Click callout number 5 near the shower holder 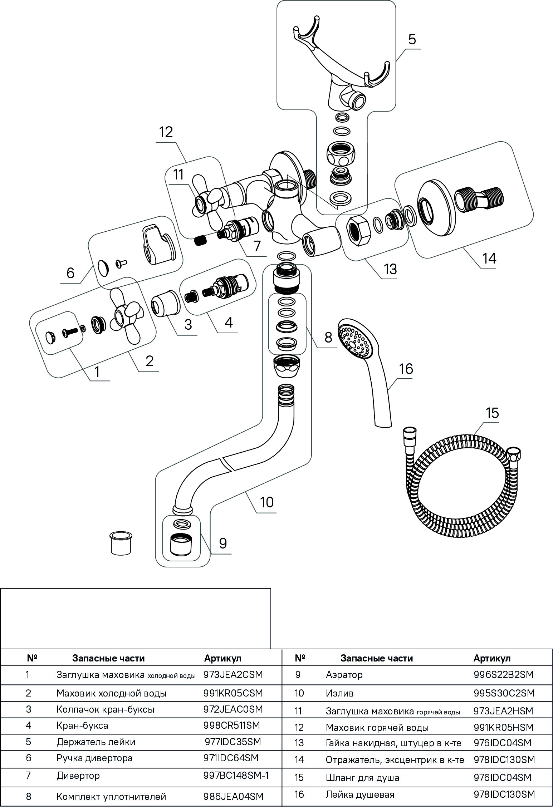(412, 39)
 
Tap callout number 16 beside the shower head (406, 369)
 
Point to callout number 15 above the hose (492, 413)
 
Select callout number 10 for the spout (267, 502)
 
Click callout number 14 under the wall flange (489, 258)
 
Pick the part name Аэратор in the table (344, 675)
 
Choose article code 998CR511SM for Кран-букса (231, 725)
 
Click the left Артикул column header (222, 658)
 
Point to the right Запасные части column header (376, 658)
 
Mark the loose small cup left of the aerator (121, 544)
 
